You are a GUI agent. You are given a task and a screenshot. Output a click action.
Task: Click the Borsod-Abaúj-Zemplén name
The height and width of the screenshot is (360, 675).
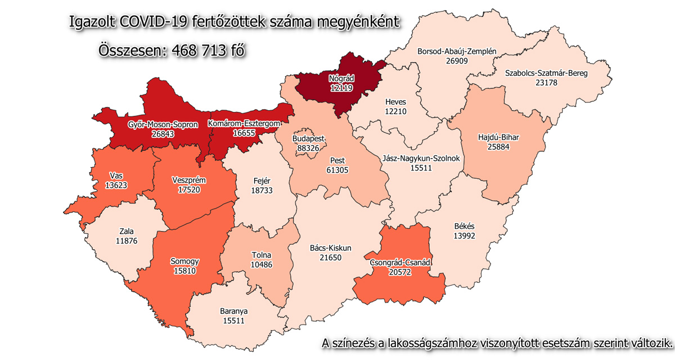457,51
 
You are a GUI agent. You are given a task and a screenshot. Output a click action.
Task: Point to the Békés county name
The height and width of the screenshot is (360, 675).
465,227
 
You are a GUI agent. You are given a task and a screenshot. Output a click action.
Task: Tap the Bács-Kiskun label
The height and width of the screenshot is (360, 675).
331,248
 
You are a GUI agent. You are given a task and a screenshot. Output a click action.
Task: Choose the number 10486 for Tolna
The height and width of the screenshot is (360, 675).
262,265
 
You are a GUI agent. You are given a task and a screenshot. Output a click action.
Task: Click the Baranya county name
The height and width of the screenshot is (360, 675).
234,310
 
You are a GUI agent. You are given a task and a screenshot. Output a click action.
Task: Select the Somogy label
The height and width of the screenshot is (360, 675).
184,262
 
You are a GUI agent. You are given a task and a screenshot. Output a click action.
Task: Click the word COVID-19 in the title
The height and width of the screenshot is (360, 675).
155,22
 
